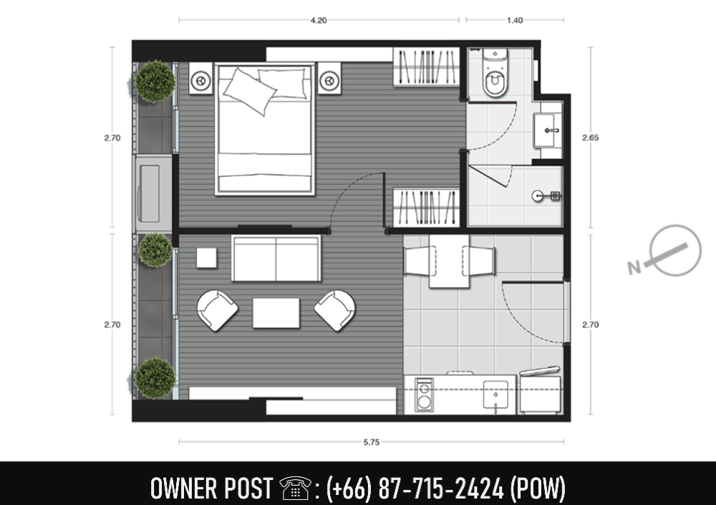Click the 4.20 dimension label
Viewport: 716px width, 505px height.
click(319, 20)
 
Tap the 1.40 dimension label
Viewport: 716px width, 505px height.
click(515, 20)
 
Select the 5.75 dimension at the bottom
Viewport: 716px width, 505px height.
click(371, 442)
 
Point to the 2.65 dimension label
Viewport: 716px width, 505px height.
click(590, 137)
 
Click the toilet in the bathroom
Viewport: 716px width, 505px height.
click(495, 73)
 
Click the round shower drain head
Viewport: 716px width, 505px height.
click(538, 196)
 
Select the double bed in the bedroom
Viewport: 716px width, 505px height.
click(265, 130)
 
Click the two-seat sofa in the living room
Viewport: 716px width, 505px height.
click(276, 259)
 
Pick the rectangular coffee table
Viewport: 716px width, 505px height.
click(276, 313)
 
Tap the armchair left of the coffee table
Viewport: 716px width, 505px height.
click(217, 310)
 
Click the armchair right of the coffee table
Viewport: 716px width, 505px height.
click(335, 310)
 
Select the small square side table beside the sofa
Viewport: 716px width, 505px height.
click(207, 258)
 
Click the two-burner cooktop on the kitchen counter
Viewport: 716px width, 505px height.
click(424, 395)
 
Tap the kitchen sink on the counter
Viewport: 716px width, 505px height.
click(495, 394)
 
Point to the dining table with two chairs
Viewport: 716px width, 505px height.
click(450, 261)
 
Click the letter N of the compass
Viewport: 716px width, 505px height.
click(634, 268)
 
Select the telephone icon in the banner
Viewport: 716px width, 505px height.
click(295, 488)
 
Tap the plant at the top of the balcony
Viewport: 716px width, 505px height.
click(155, 82)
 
